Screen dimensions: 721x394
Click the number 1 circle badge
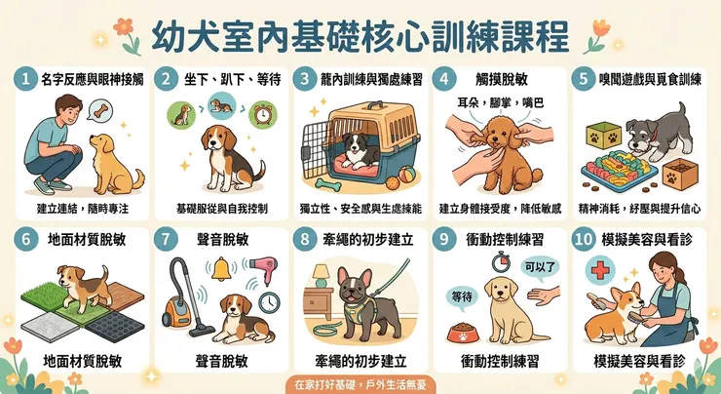[25, 79]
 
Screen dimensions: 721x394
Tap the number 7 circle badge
[166, 239]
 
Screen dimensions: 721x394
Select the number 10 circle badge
[584, 239]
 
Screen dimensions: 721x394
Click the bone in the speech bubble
[100, 111]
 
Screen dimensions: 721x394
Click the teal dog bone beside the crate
[328, 184]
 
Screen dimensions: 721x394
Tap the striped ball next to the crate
[407, 175]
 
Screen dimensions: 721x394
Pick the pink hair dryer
[262, 268]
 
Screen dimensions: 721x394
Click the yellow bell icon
[221, 269]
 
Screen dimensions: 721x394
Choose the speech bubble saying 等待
[462, 297]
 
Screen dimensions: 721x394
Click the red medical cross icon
[600, 269]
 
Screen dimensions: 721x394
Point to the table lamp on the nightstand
[322, 276]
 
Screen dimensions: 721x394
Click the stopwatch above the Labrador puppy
[501, 262]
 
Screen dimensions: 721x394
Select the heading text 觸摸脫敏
[502, 79]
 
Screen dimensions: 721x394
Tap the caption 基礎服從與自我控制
[221, 209]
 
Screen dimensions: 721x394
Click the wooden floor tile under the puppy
[123, 295]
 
